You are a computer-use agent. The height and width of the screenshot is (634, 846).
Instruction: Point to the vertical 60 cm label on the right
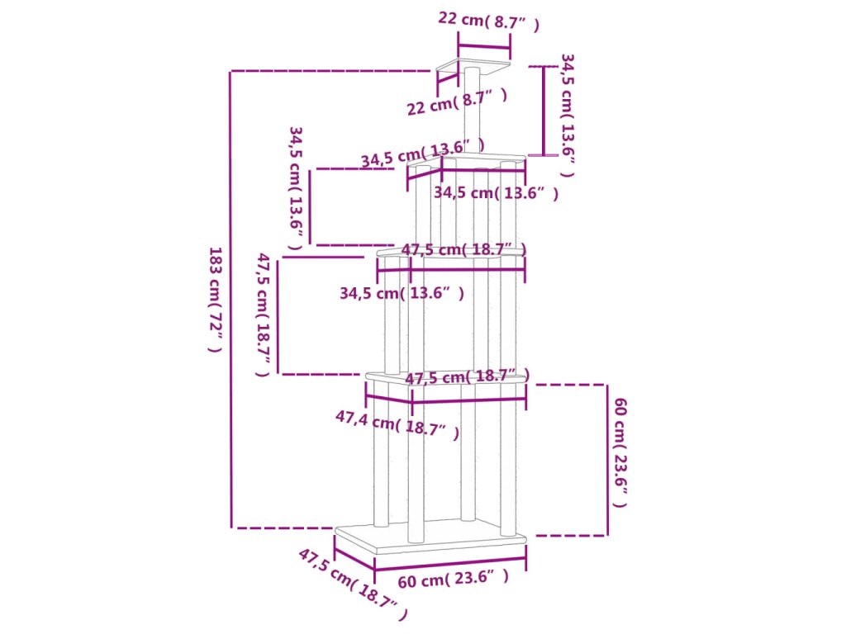(620, 452)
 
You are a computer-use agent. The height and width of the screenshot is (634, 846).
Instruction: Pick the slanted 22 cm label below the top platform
(456, 102)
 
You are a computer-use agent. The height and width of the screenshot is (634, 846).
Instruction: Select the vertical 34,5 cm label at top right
(568, 116)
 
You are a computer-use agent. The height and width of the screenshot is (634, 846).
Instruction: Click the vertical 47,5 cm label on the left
(264, 315)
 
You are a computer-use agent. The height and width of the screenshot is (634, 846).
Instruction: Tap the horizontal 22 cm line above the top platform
(484, 46)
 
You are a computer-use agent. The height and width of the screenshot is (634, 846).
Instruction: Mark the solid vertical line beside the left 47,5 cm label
(278, 315)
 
